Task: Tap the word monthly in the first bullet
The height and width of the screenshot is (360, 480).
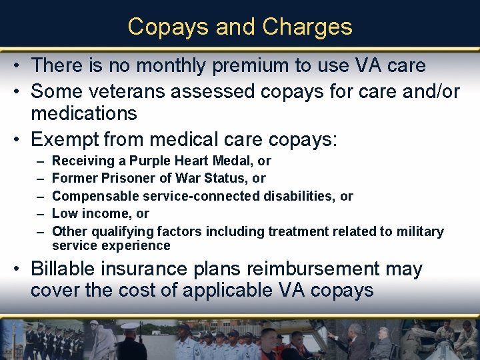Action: pyautogui.click(x=149, y=65)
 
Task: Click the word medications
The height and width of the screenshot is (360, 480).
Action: pyautogui.click(x=84, y=113)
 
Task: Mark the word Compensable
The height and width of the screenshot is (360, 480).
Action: pyautogui.click(x=93, y=196)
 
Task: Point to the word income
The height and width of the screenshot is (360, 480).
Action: pyautogui.click(x=103, y=213)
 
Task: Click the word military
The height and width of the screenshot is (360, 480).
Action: pyautogui.click(x=419, y=231)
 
